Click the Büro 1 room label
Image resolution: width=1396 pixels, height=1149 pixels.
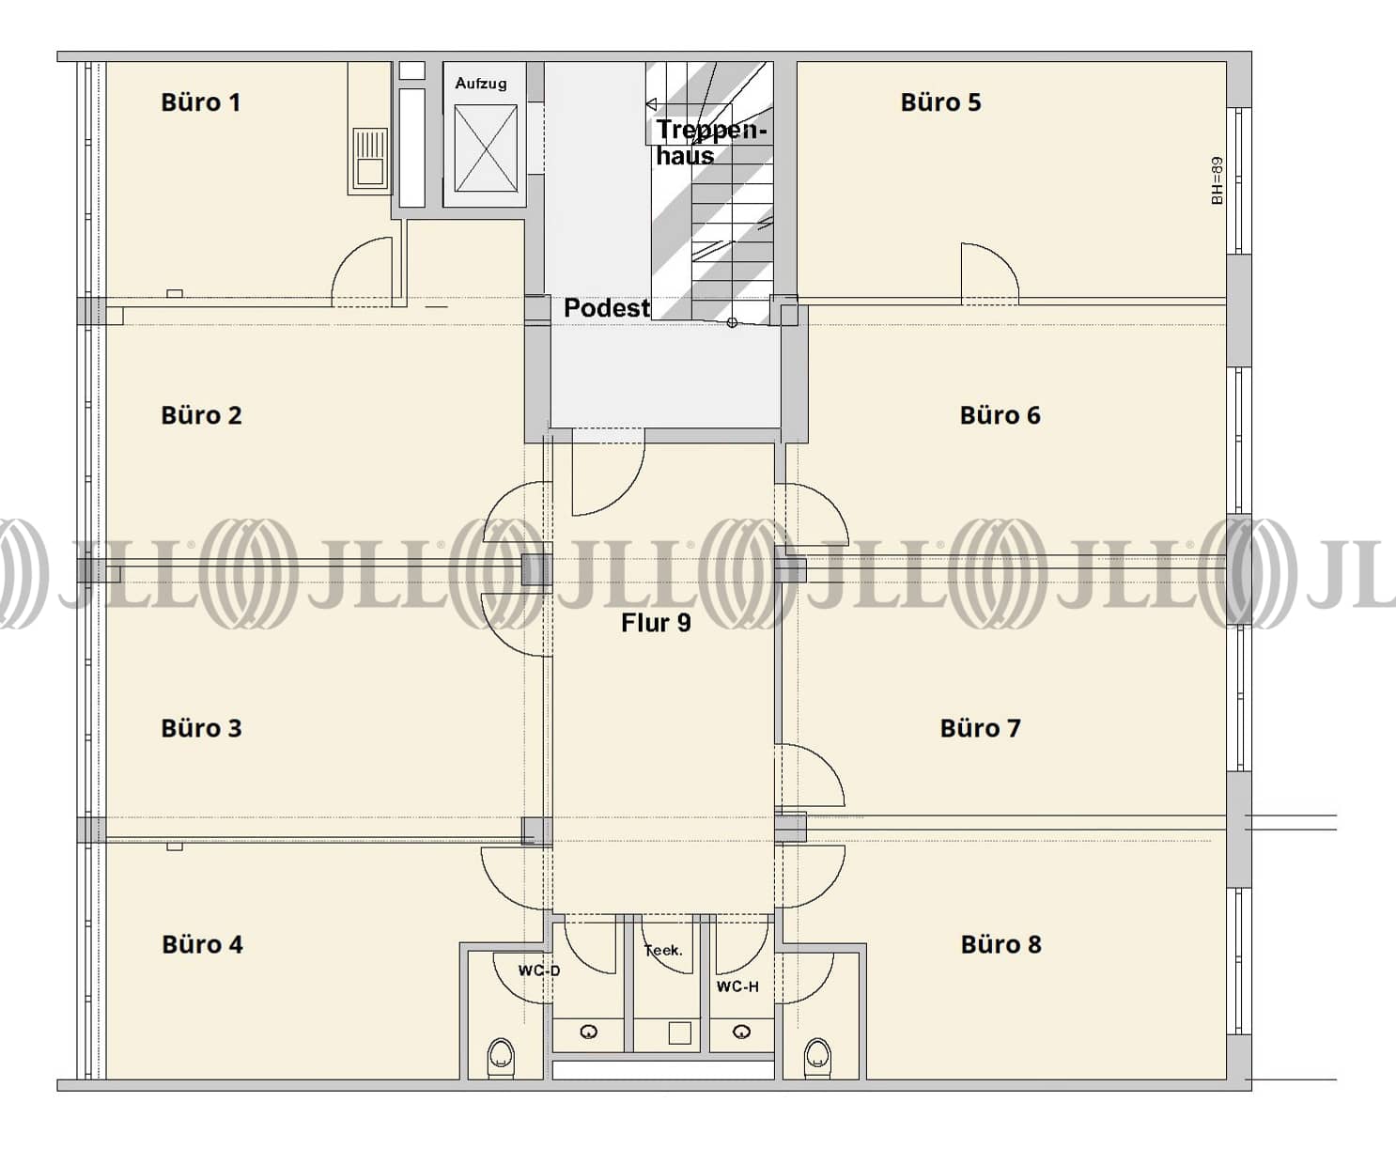[200, 102]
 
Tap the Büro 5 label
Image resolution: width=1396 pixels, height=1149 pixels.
[940, 102]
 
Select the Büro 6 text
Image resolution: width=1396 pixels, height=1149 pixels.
[1000, 415]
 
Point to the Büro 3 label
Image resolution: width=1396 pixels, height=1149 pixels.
[201, 728]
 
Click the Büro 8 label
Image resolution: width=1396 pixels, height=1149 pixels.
[1000, 944]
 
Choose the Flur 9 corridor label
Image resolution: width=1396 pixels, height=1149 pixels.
[656, 623]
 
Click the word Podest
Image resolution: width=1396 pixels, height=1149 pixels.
[606, 308]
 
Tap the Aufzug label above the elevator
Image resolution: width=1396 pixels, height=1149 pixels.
[481, 84]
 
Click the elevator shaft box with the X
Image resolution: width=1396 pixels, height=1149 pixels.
[486, 148]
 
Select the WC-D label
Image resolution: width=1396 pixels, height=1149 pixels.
[539, 970]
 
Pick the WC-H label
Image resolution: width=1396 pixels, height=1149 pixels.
[737, 986]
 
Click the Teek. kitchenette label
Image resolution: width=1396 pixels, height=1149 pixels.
[663, 950]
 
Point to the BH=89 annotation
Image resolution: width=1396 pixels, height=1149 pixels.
[1217, 180]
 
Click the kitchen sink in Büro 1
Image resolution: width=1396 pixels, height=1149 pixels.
[370, 158]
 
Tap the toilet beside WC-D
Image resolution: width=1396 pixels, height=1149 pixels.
[501, 1058]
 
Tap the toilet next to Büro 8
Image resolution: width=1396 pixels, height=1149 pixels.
[817, 1058]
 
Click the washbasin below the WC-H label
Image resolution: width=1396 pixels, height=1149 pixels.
[742, 1033]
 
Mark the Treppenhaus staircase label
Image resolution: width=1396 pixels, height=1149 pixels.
[710, 142]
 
